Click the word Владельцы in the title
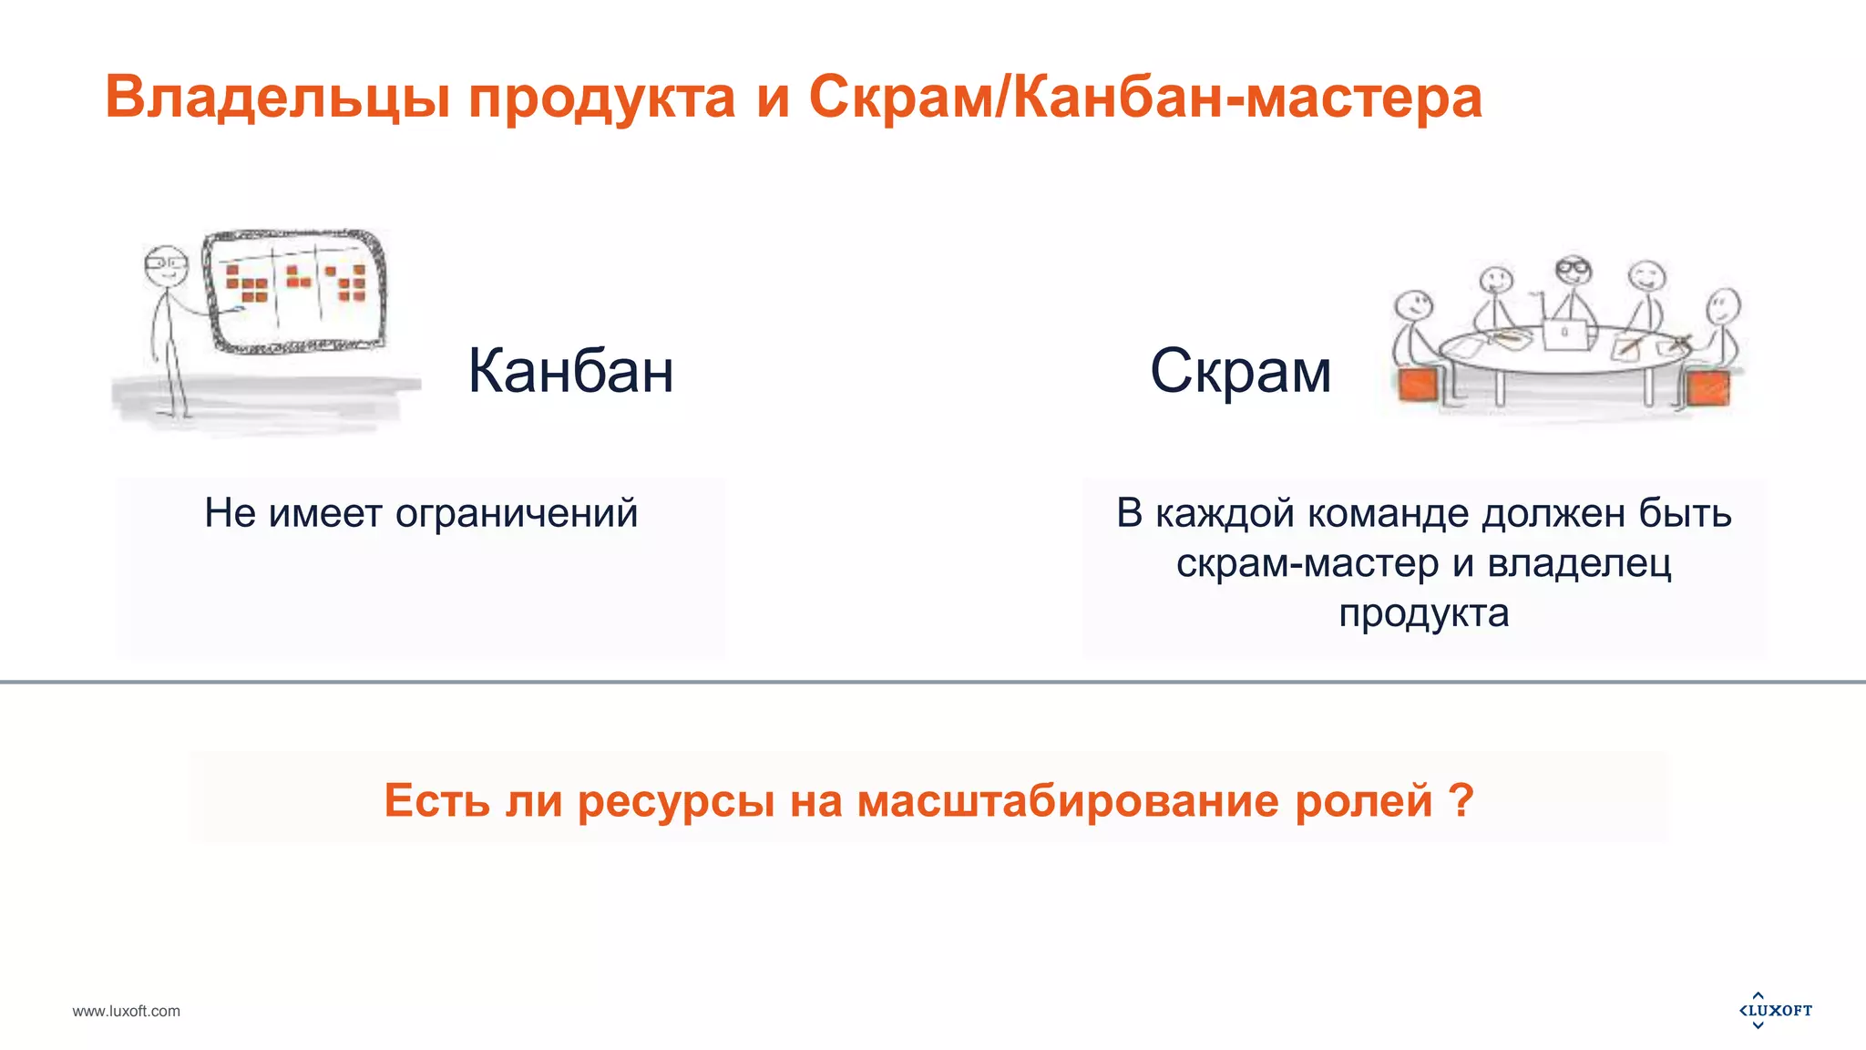coord(277,98)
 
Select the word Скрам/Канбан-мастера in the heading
coord(1145,98)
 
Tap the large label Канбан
coord(570,371)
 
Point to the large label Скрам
coord(1240,371)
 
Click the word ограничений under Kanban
coord(516,513)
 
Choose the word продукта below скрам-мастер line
coord(1423,613)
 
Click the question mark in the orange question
coord(1460,800)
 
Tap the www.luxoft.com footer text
coord(127,1011)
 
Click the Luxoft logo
coord(1776,1010)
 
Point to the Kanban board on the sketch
coord(293,290)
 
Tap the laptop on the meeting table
coord(1566,334)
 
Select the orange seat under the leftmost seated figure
coord(1418,386)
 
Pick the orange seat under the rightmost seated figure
coord(1707,387)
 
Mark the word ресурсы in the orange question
coord(676,800)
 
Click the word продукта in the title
coord(601,98)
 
